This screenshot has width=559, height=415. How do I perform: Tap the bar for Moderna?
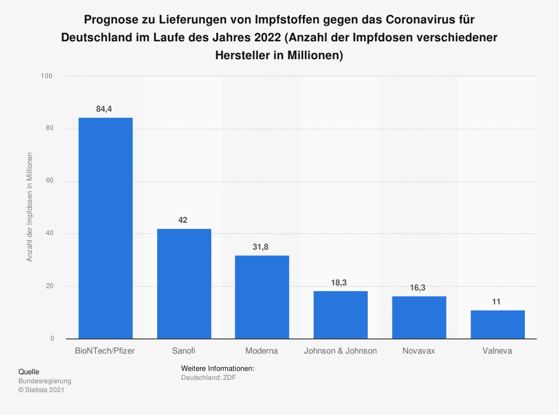point(262,297)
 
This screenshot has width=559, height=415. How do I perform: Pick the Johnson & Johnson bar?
point(340,315)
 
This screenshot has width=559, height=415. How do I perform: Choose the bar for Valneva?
point(498,325)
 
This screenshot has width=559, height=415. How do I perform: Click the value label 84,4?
point(105,109)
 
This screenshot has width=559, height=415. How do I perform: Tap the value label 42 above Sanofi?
point(183,220)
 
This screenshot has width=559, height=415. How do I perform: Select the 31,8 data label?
point(261,247)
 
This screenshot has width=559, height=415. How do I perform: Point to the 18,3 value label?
point(339,283)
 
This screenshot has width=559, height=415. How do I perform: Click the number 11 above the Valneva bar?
point(497,302)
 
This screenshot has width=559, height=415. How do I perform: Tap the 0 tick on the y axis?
point(52,338)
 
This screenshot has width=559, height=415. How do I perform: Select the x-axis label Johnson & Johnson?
point(340,351)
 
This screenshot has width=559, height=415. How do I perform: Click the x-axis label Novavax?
point(419,351)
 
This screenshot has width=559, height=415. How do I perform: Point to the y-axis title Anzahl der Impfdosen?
point(30,207)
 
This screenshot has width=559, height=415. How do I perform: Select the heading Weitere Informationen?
point(217,369)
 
